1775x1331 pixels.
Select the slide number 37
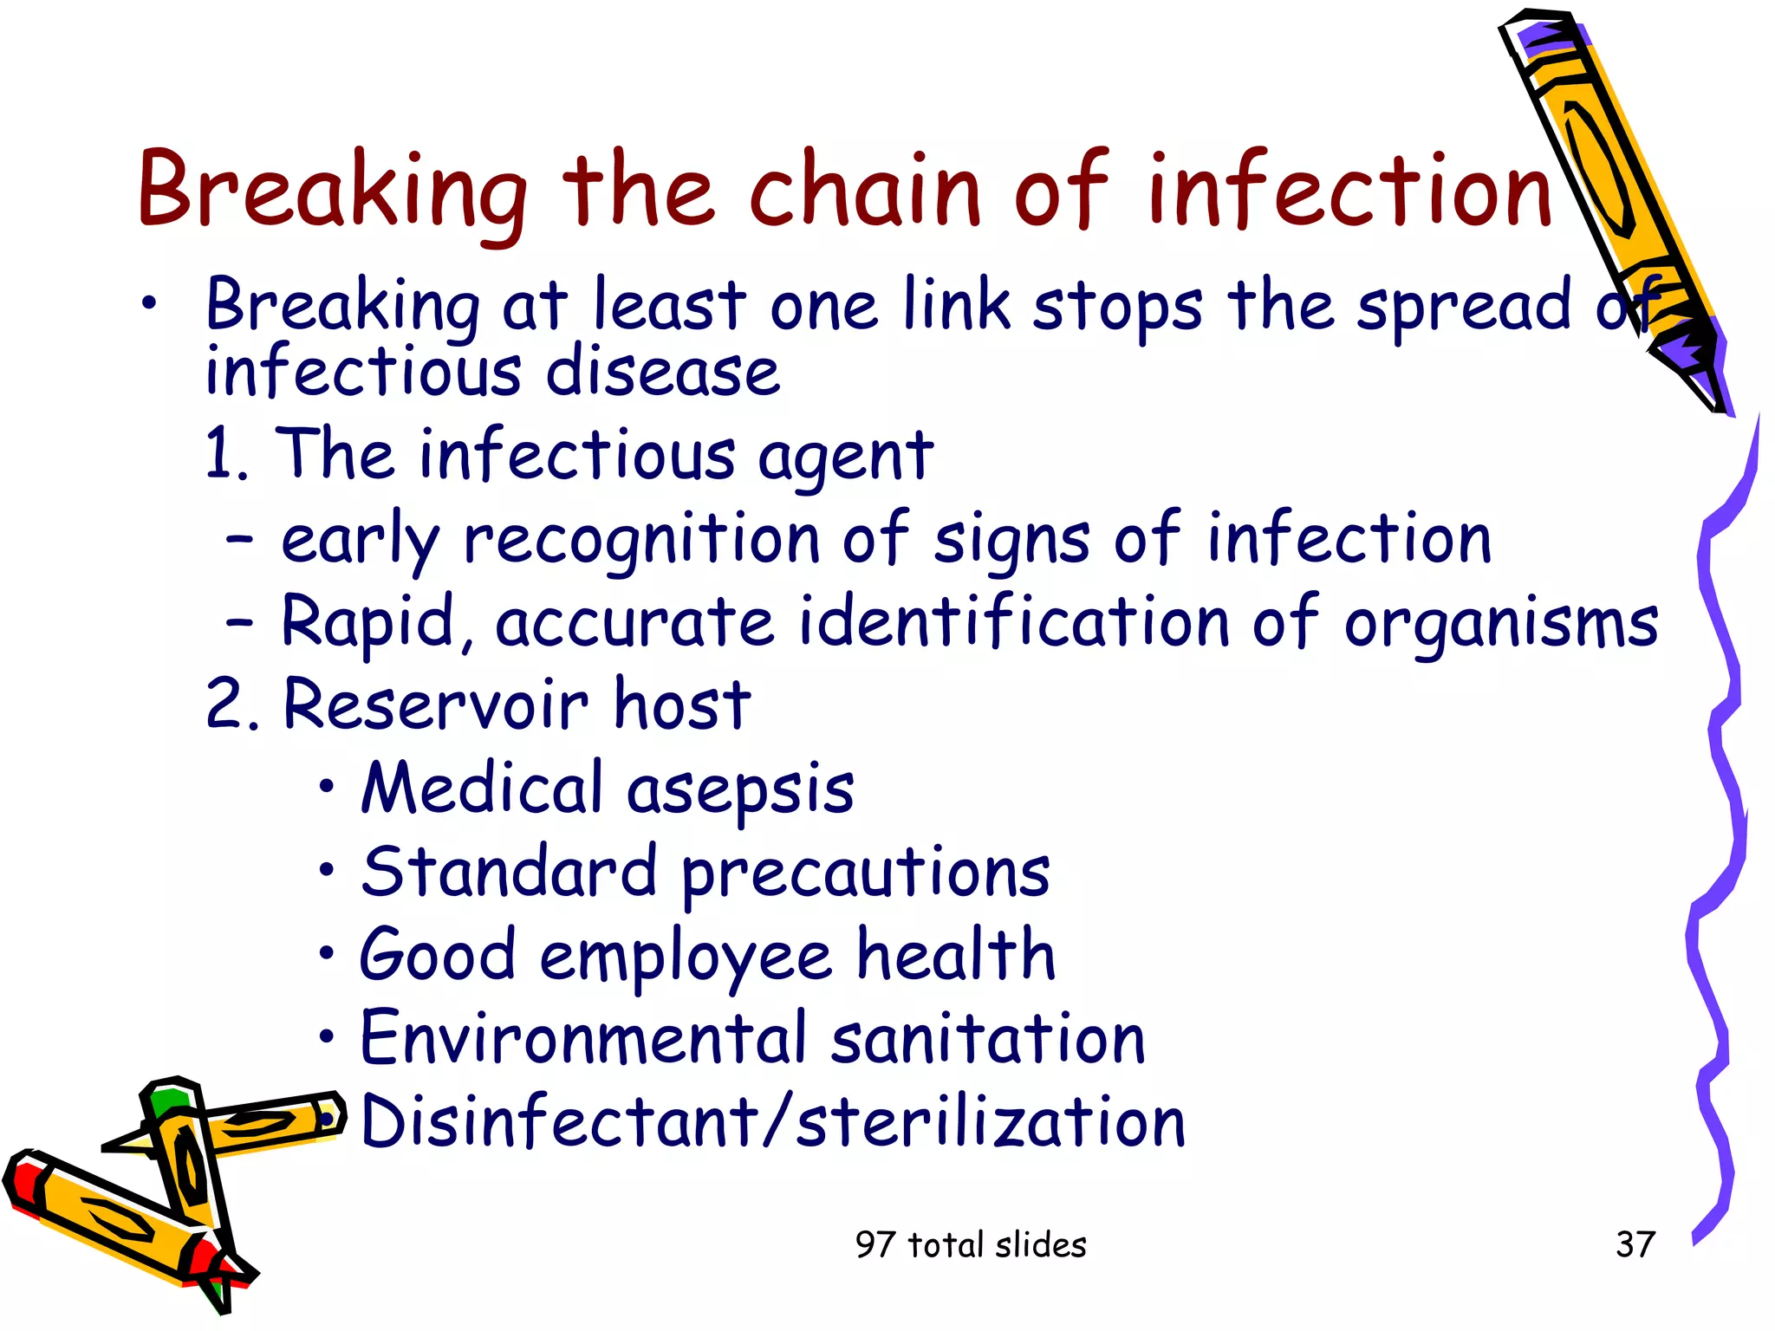pyautogui.click(x=1635, y=1244)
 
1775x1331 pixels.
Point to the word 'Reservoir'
pyautogui.click(x=436, y=704)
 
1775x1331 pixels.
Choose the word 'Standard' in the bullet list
pyautogui.click(x=509, y=872)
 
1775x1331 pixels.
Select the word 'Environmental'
pyautogui.click(x=583, y=1038)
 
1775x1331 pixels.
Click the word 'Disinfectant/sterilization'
pyautogui.click(x=772, y=1121)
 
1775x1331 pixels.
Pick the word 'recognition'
pyautogui.click(x=641, y=539)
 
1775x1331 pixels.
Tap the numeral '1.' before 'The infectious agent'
pyautogui.click(x=227, y=454)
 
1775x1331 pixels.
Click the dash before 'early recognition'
pyautogui.click(x=239, y=539)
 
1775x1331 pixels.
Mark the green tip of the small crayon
pyautogui.click(x=166, y=1102)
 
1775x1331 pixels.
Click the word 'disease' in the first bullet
pyautogui.click(x=663, y=373)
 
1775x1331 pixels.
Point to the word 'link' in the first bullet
pyautogui.click(x=956, y=305)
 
